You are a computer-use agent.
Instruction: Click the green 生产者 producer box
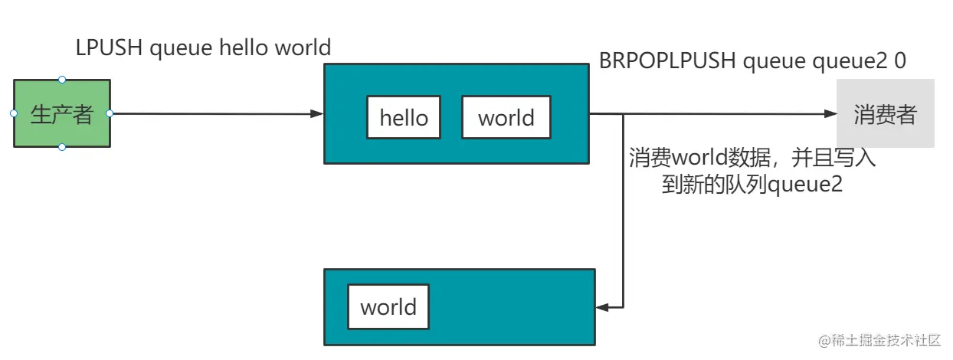[62, 113]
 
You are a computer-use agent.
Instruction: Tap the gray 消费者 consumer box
[885, 114]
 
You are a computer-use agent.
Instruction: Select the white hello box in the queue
[404, 117]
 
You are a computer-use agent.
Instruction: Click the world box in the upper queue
[506, 117]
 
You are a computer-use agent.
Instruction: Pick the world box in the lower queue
[388, 306]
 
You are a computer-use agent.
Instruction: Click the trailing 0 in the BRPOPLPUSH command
[899, 61]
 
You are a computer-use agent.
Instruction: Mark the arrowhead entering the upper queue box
[316, 113]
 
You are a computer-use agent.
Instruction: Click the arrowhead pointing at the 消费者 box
[830, 114]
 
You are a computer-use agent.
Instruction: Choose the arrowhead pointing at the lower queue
[603, 307]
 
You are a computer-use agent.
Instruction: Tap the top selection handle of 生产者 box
[62, 80]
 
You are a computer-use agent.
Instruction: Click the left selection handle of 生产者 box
[14, 113]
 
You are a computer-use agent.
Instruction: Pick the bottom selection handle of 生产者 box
[62, 147]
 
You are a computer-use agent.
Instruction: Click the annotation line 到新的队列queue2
[752, 185]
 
